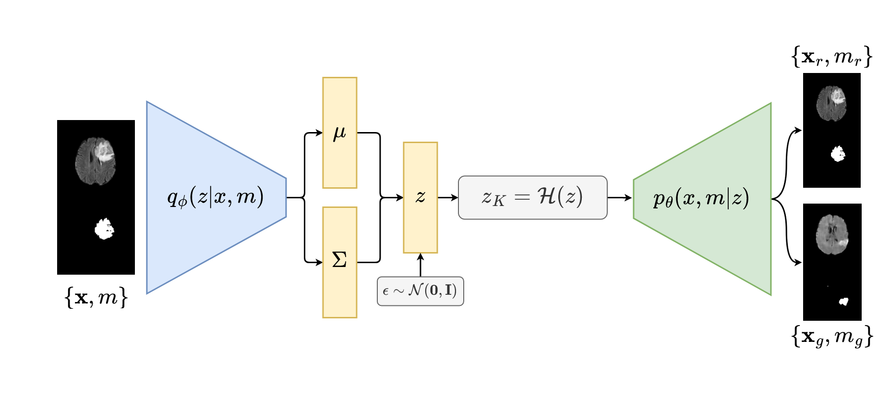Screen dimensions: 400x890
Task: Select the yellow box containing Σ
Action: tap(340, 288)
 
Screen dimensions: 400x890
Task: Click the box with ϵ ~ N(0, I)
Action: tap(420, 291)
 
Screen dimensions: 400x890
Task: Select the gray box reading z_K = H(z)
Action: tap(532, 197)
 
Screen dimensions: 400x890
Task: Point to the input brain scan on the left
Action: tap(96, 161)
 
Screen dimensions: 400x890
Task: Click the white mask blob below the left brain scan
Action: tap(104, 229)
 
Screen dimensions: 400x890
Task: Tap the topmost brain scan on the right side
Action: tap(831, 103)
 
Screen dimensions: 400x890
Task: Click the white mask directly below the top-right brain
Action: tap(838, 154)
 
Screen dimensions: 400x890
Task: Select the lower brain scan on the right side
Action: tap(832, 234)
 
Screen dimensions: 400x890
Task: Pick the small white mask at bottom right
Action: tap(843, 302)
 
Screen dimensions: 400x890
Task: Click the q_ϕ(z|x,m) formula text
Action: tap(216, 197)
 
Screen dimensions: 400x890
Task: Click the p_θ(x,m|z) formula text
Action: tap(701, 198)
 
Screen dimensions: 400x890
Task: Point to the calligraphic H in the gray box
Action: tap(548, 196)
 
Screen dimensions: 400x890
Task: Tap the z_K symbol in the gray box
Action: tap(493, 198)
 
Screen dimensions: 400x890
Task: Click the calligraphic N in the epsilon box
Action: tap(416, 290)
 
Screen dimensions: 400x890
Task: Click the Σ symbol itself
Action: tap(339, 260)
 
